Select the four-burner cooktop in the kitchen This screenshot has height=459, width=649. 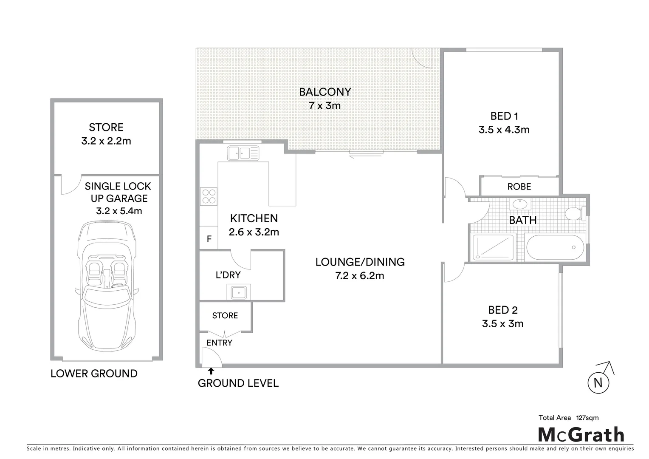tap(209, 197)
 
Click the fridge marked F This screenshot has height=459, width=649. tap(209, 239)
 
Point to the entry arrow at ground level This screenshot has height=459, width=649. tap(211, 371)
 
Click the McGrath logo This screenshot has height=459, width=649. tap(581, 434)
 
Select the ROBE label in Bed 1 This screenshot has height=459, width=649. tap(519, 187)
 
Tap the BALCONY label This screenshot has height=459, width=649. tap(325, 92)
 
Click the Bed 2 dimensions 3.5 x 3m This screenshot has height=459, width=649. tap(502, 324)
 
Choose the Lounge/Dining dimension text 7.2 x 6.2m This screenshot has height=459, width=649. tap(360, 276)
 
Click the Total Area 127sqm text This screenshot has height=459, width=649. tap(568, 418)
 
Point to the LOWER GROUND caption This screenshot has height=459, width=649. tap(94, 374)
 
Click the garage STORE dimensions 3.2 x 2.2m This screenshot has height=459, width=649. tap(106, 141)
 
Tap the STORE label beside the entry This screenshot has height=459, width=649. tap(225, 315)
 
